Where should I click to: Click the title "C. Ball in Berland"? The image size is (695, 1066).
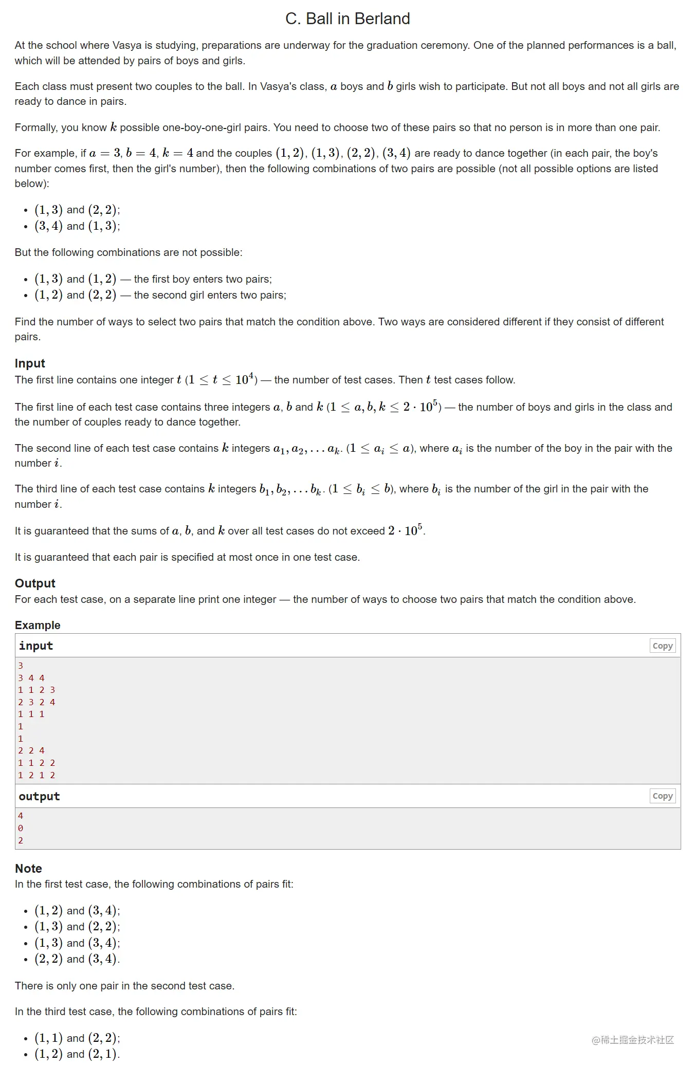[348, 19]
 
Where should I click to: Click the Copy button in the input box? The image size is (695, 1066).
[662, 646]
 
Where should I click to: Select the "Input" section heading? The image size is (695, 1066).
[30, 363]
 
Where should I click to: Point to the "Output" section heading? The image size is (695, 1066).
[35, 583]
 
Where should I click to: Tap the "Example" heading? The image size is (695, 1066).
[38, 625]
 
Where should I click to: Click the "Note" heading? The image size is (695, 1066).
[28, 869]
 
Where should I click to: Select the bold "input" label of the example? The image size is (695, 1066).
[36, 646]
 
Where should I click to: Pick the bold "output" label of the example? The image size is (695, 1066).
[39, 797]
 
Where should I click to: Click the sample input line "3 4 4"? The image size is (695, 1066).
[31, 678]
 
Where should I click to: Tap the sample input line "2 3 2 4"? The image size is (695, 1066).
[36, 702]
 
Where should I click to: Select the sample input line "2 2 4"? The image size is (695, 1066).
[31, 750]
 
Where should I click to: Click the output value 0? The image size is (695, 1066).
[21, 828]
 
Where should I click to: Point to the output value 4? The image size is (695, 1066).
[21, 816]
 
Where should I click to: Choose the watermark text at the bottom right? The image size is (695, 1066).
[632, 1040]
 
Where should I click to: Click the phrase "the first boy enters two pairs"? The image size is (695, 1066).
[203, 279]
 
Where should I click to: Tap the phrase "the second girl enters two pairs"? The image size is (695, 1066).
[209, 295]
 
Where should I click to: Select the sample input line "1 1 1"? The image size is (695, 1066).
[31, 714]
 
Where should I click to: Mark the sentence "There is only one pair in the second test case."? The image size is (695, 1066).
[124, 986]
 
